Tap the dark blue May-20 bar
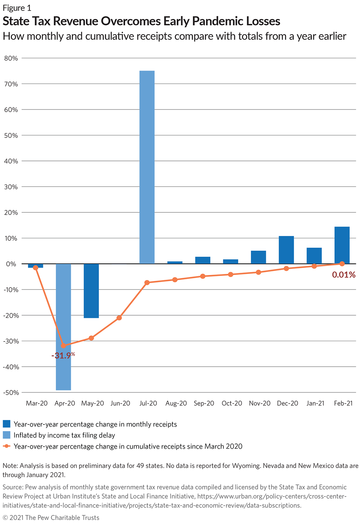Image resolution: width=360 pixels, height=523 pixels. [91, 291]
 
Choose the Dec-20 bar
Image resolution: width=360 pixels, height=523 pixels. [286, 250]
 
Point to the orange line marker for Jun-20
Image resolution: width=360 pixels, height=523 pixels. [119, 318]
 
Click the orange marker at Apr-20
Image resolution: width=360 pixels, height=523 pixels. [64, 346]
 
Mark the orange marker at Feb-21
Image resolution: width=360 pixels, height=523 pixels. [342, 264]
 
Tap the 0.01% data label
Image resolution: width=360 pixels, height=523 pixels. [343, 275]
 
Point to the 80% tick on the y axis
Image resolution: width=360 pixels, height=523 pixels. [11, 58]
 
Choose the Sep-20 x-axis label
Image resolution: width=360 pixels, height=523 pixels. [204, 403]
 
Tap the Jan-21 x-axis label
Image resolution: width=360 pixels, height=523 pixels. [315, 403]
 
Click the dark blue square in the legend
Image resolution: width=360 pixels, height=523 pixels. [7, 424]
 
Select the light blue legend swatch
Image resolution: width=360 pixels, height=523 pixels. [7, 435]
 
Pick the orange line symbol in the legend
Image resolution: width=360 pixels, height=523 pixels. [7, 446]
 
